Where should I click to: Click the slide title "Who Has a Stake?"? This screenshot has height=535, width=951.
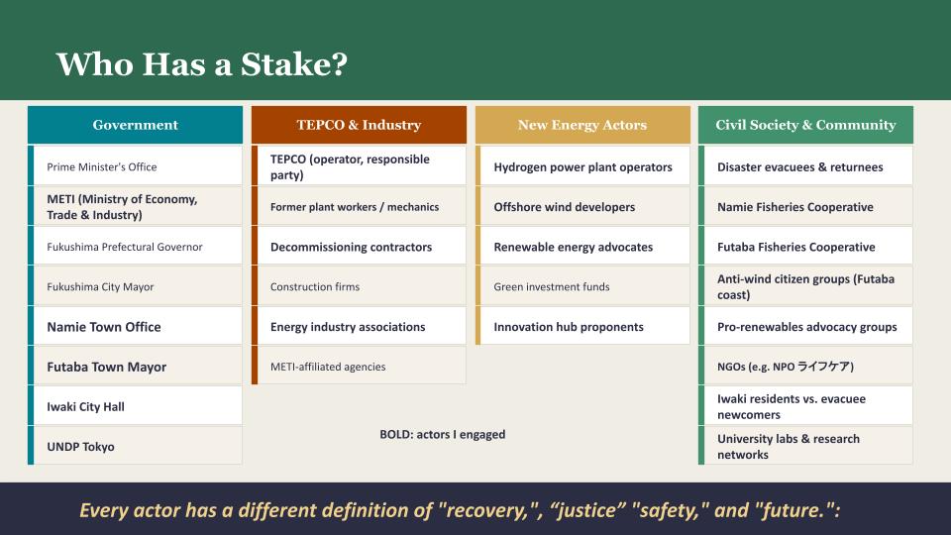pyautogui.click(x=201, y=64)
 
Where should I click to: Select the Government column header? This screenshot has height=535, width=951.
pyautogui.click(x=135, y=125)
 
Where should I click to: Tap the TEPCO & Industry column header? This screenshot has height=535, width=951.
pyautogui.click(x=359, y=125)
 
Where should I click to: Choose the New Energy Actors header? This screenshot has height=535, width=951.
pyautogui.click(x=582, y=125)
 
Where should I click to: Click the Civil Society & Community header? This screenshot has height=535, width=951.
pyautogui.click(x=805, y=125)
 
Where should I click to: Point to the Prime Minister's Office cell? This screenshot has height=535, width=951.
pyautogui.click(x=135, y=166)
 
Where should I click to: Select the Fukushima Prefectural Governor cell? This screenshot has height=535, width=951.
pyautogui.click(x=135, y=247)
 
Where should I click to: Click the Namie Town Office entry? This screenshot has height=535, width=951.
pyautogui.click(x=135, y=327)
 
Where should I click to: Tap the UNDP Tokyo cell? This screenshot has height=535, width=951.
pyautogui.click(x=135, y=447)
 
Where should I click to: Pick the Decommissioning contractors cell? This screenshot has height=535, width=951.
pyautogui.click(x=359, y=247)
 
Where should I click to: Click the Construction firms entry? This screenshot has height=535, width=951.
pyautogui.click(x=359, y=286)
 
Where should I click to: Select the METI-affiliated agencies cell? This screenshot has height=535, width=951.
pyautogui.click(x=359, y=367)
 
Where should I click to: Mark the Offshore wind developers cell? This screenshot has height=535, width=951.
pyautogui.click(x=582, y=207)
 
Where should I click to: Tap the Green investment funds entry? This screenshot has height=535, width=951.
pyautogui.click(x=582, y=286)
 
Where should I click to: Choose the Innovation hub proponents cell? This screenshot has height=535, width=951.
pyautogui.click(x=582, y=327)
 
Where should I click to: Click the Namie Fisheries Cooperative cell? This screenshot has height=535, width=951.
pyautogui.click(x=805, y=207)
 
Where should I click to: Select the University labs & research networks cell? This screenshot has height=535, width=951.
pyautogui.click(x=805, y=447)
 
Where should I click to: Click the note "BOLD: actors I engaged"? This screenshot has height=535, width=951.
pyautogui.click(x=442, y=434)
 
